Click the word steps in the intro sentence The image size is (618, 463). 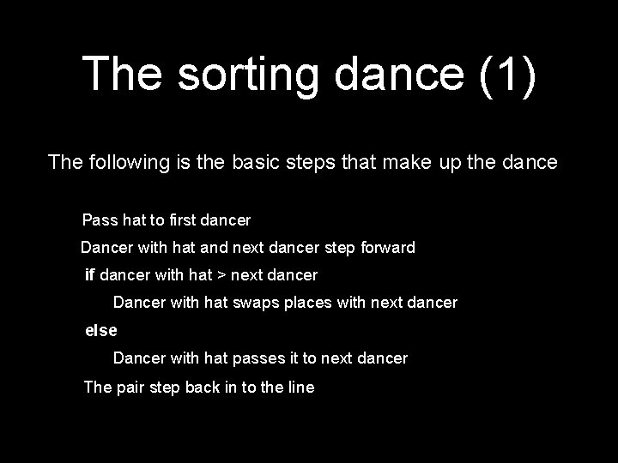(323, 161)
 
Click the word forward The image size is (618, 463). (385, 248)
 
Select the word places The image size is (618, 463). (301, 303)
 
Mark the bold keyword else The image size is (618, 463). (100, 330)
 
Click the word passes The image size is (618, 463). (261, 358)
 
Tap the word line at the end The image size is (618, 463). (300, 387)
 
